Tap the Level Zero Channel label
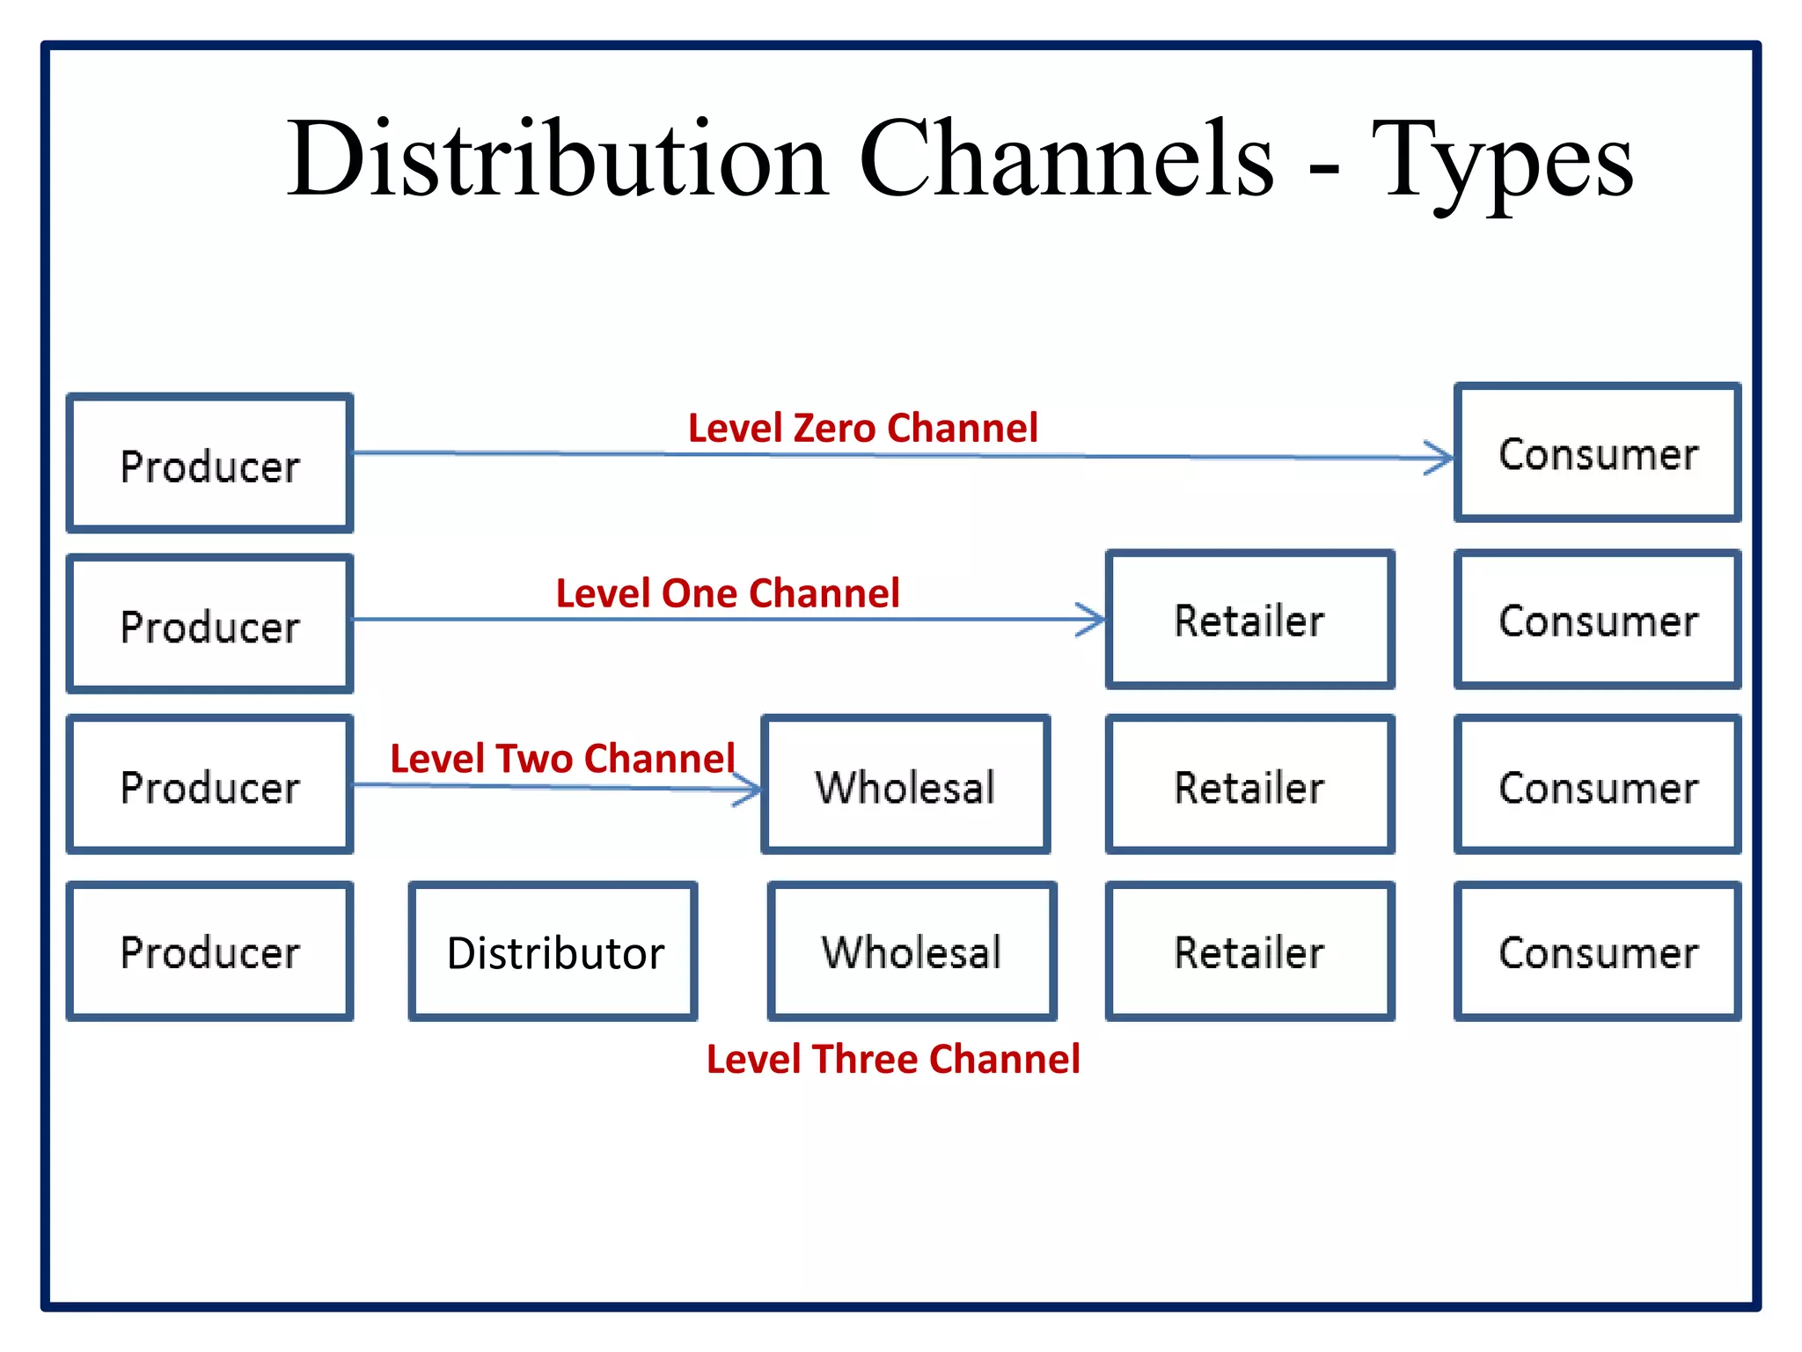point(862,429)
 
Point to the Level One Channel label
point(728,593)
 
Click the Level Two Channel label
point(562,759)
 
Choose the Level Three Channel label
point(893,1059)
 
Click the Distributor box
point(554,952)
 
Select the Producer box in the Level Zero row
point(210,464)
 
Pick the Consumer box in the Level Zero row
point(1597,453)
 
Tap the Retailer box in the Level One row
point(1249,620)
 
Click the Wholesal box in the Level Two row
point(905,785)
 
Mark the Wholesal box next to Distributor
point(912,952)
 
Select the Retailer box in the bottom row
point(1249,952)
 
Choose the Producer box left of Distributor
point(210,952)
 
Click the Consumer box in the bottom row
point(1597,952)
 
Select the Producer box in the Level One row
point(210,625)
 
